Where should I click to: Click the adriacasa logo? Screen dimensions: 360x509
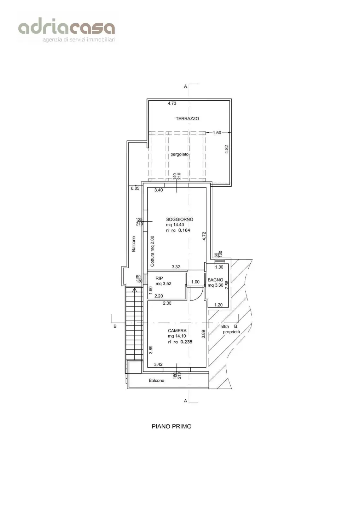pyautogui.click(x=66, y=31)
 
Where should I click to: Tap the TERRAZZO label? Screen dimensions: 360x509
pyautogui.click(x=187, y=119)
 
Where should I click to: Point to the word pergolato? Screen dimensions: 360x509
pyautogui.click(x=180, y=154)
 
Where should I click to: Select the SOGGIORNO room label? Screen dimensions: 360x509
pyautogui.click(x=180, y=220)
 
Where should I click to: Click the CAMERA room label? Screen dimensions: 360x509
pyautogui.click(x=177, y=331)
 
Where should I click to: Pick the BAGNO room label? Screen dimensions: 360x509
pyautogui.click(x=215, y=280)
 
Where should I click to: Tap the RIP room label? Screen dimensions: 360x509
pyautogui.click(x=159, y=279)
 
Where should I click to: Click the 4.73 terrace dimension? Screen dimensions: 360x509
pyautogui.click(x=172, y=103)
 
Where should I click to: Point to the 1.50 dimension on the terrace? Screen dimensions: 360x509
pyautogui.click(x=217, y=133)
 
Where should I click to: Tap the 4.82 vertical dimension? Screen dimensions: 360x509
pyautogui.click(x=227, y=149)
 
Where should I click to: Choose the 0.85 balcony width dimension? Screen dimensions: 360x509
pyautogui.click(x=135, y=188)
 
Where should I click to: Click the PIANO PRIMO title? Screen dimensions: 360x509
pyautogui.click(x=172, y=427)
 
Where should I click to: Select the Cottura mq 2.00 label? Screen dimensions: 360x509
pyautogui.click(x=152, y=251)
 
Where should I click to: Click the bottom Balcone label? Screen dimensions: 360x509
pyautogui.click(x=156, y=381)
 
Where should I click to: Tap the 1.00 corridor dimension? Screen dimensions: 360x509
pyautogui.click(x=196, y=282)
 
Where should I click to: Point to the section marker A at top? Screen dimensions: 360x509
pyautogui.click(x=185, y=86)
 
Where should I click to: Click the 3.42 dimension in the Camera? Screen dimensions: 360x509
pyautogui.click(x=158, y=364)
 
